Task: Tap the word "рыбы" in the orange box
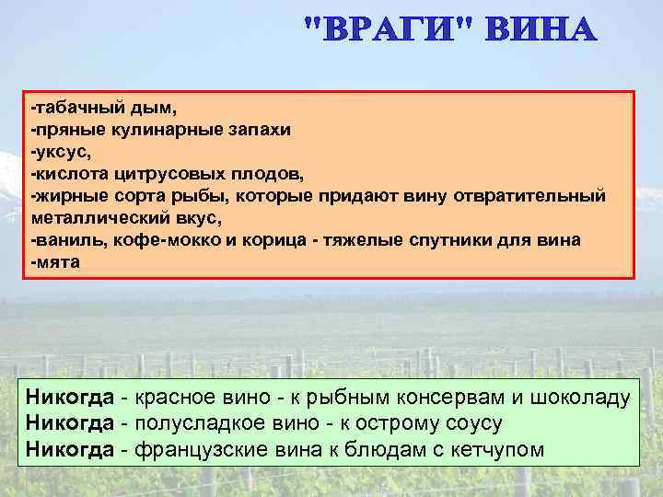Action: (x=208, y=195)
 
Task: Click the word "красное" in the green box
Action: (x=174, y=398)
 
